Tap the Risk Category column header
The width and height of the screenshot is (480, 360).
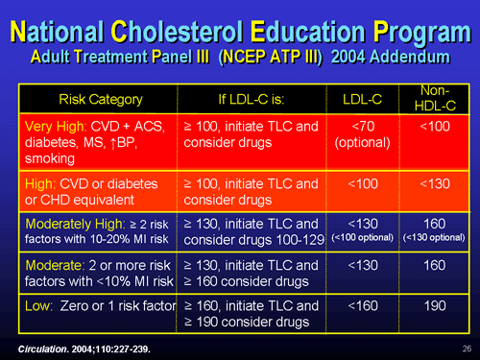click(x=101, y=99)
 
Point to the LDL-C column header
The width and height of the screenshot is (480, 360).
click(x=359, y=99)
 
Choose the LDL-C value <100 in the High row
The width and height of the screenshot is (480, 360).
click(x=359, y=183)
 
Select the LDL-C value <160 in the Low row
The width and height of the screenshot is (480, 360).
click(x=359, y=307)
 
